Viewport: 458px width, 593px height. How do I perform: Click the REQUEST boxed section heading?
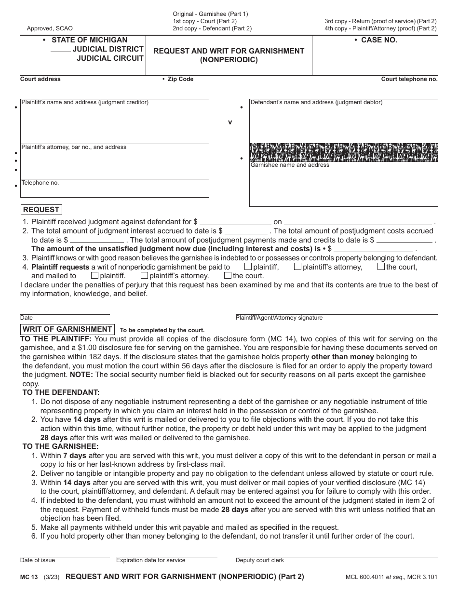pyautogui.click(x=41, y=210)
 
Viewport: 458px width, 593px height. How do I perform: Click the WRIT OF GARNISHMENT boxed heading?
pyautogui.click(x=67, y=329)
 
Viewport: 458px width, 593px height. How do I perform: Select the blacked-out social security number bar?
pyautogui.click(x=343, y=152)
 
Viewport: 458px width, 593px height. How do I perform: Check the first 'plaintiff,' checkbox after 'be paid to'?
pyautogui.click(x=248, y=266)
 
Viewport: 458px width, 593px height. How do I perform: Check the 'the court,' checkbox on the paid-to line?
pyautogui.click(x=381, y=266)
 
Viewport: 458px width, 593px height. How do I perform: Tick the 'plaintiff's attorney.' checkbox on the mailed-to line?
pyautogui.click(x=144, y=275)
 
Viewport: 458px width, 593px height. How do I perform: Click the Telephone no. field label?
pyautogui.click(x=40, y=183)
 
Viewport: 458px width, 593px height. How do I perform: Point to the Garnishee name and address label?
pyautogui.click(x=290, y=165)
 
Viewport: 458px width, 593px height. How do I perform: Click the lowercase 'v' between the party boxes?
pyautogui.click(x=230, y=122)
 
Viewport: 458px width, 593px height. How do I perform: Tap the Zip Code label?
pyautogui.click(x=180, y=79)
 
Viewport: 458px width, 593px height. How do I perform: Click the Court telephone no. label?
pyautogui.click(x=409, y=79)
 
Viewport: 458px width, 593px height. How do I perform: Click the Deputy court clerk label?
pyautogui.click(x=259, y=560)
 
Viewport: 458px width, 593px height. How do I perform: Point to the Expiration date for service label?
pyautogui.click(x=150, y=560)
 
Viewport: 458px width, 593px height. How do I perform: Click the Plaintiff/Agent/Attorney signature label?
pyautogui.click(x=279, y=318)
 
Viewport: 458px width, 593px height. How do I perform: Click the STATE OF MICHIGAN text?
pyautogui.click(x=89, y=40)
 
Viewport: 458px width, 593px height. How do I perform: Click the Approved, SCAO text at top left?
pyautogui.click(x=50, y=28)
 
